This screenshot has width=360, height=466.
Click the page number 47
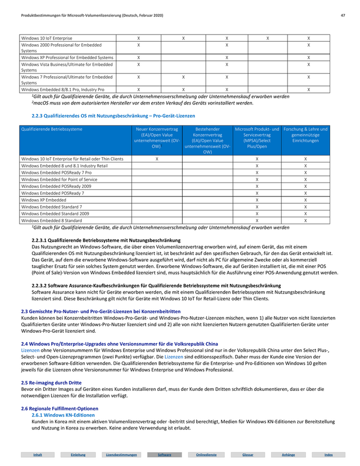343,16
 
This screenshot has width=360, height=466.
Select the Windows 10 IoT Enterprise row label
47,38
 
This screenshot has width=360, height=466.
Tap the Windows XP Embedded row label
44,199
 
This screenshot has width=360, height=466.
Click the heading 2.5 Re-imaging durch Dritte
51,383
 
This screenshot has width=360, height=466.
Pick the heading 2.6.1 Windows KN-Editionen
63,415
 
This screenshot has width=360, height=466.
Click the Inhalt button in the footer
38,455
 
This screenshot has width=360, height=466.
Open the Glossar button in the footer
248,455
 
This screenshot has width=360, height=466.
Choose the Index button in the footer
329,455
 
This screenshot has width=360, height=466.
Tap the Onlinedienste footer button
206,455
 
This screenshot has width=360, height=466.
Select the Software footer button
164,455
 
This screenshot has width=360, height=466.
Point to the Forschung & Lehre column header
305,135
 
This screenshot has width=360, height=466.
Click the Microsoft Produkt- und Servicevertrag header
257,137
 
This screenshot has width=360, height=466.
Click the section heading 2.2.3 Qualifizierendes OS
114,116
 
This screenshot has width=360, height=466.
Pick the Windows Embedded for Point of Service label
59,179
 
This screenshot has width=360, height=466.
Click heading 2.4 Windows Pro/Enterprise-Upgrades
119,344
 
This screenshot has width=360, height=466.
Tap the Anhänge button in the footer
289,455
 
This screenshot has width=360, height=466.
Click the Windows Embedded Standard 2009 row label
55,213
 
